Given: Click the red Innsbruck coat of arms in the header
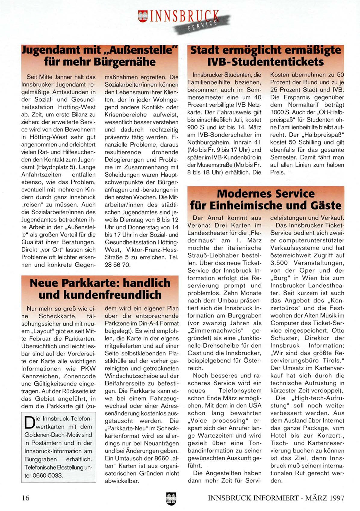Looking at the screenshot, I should tap(143, 16).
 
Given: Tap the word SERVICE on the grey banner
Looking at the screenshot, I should tap(202, 25).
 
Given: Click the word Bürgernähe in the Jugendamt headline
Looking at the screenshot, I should tap(125, 62).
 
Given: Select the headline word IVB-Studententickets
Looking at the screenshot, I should tap(265, 62).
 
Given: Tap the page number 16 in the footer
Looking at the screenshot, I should tap(26, 498).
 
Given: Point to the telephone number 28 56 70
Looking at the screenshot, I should tap(117, 265).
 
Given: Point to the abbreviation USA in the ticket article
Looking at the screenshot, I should tap(255, 406).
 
